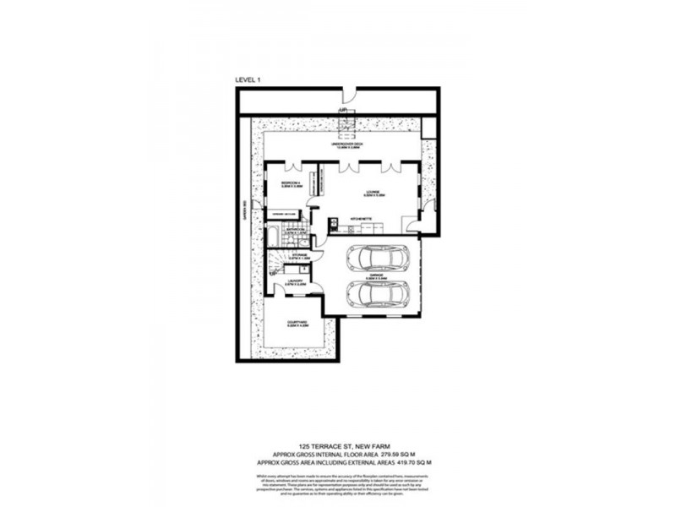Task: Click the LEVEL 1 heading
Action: [x=248, y=79]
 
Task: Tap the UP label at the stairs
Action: [x=342, y=111]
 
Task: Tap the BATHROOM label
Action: [x=295, y=229]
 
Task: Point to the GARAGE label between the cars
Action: [x=378, y=274]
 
